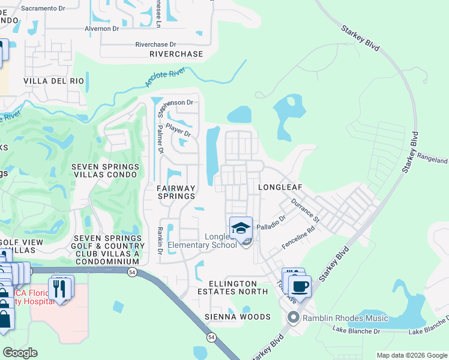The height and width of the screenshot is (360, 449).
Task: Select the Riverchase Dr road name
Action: (155, 44)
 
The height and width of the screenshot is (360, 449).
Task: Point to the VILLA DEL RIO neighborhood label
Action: (54, 80)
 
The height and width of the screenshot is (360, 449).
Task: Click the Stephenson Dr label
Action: (177, 103)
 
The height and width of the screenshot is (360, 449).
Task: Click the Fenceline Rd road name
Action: (299, 238)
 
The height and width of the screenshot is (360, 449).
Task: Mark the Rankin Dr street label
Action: (160, 240)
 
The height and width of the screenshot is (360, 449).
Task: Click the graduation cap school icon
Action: (241, 228)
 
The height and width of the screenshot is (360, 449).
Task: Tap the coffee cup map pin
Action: (300, 286)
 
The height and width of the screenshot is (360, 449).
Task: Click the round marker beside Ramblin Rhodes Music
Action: (294, 317)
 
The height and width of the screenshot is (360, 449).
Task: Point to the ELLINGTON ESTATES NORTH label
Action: (237, 287)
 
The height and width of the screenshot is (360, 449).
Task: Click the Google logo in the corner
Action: (20, 353)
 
